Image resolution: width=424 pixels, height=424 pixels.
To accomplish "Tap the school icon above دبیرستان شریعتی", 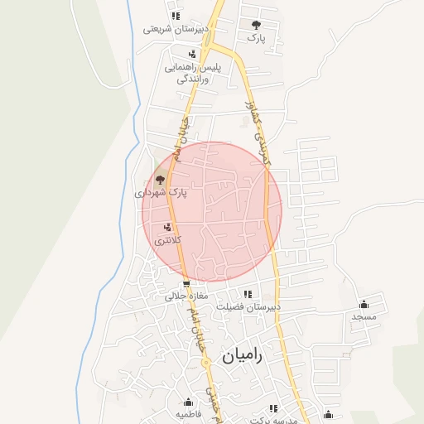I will (175, 15).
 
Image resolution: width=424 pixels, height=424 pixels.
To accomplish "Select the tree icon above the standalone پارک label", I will (255, 25).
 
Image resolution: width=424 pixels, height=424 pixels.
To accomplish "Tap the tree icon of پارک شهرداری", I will (160, 179).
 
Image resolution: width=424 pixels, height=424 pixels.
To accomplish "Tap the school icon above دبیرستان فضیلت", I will (247, 294).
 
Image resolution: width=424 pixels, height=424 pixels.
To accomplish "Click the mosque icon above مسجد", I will (364, 304).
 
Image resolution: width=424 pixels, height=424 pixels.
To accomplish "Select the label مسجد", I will (364, 316).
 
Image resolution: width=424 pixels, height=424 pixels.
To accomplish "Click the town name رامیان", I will (241, 356).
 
